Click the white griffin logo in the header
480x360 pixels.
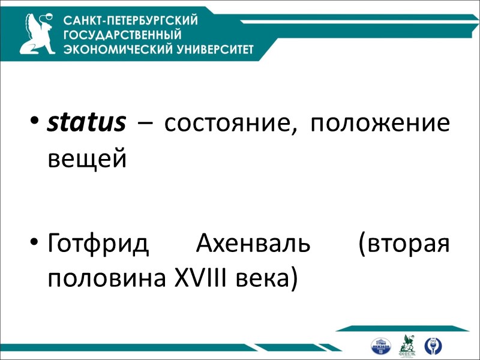(x=40, y=33)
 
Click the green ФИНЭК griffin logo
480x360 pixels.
(x=407, y=345)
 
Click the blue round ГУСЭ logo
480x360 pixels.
(x=431, y=346)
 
